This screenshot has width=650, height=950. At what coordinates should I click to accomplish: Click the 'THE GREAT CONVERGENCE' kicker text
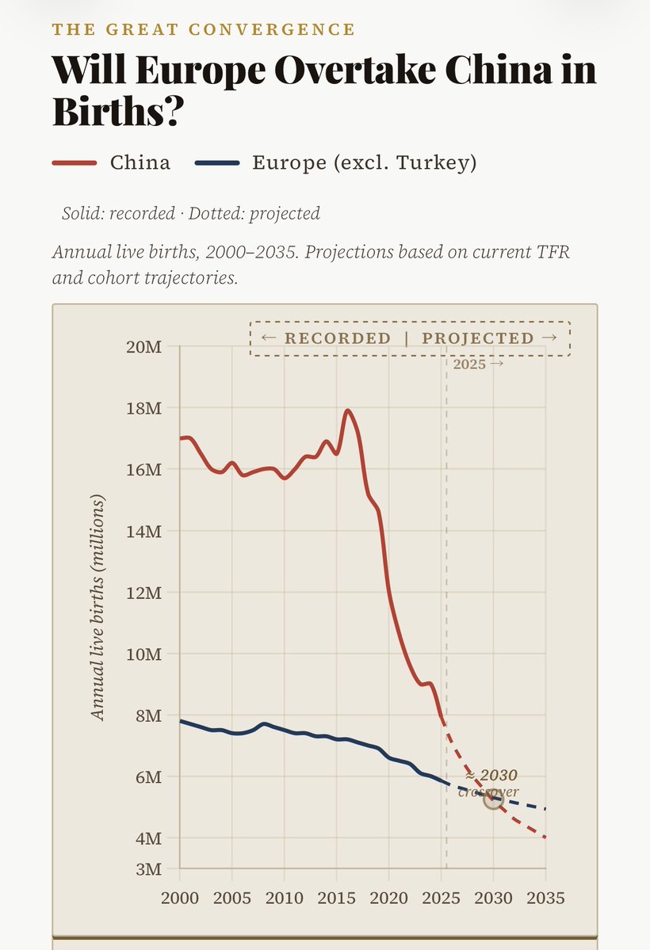click(204, 30)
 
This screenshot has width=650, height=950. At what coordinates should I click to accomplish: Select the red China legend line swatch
click(74, 163)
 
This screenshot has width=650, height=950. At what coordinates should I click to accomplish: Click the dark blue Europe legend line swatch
click(216, 163)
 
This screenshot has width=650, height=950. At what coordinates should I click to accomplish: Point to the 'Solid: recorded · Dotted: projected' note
click(190, 213)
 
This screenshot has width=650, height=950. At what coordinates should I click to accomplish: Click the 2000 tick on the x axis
click(179, 898)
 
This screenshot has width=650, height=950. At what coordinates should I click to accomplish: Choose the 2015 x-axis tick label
click(336, 898)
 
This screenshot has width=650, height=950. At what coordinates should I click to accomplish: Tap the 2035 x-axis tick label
click(545, 898)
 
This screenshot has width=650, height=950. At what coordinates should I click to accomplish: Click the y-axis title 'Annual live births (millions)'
click(97, 608)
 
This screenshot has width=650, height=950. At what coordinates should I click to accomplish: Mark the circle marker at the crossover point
click(493, 799)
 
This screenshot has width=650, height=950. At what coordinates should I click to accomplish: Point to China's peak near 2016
click(347, 410)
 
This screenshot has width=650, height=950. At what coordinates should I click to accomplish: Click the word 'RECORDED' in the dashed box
click(337, 338)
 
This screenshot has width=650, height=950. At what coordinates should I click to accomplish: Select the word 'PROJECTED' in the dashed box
click(478, 338)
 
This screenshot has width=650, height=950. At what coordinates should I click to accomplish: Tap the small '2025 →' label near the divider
click(477, 364)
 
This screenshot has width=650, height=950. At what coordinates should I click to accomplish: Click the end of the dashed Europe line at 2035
click(545, 809)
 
